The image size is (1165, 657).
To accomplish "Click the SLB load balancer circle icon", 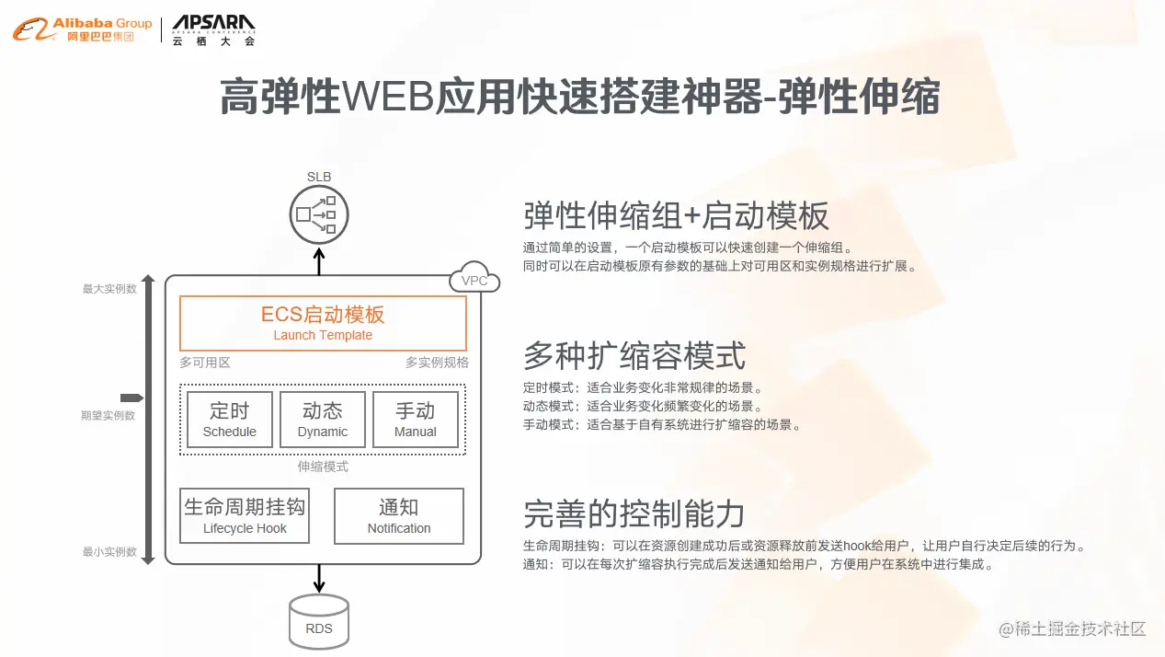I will [x=319, y=215].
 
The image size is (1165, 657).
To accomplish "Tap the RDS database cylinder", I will [x=319, y=621].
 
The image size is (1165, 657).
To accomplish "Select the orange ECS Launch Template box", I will [x=323, y=323].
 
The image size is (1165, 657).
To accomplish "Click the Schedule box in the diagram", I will [x=230, y=420].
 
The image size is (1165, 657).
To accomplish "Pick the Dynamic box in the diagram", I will [x=323, y=420].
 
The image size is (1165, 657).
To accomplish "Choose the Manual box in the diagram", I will [x=416, y=420].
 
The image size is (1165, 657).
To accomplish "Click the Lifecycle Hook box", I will [x=245, y=516].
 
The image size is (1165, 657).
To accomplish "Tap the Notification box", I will [x=399, y=516].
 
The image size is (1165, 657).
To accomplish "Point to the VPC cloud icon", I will [x=474, y=280].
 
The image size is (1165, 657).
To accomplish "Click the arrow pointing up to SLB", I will [x=319, y=260].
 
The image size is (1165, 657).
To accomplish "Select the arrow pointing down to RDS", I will [x=319, y=579].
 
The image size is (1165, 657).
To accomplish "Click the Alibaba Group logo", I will [x=82, y=29].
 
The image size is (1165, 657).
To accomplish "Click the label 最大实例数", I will [x=109, y=289].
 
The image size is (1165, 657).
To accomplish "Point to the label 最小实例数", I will [x=109, y=552].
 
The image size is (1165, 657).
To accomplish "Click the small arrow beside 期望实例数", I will [x=131, y=398].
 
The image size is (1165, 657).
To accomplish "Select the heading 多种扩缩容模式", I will [x=634, y=355].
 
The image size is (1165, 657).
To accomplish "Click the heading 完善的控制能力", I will [x=634, y=513].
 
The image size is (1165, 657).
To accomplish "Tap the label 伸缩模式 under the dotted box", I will [x=323, y=467].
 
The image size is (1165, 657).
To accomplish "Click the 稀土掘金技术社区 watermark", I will [x=1073, y=629].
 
